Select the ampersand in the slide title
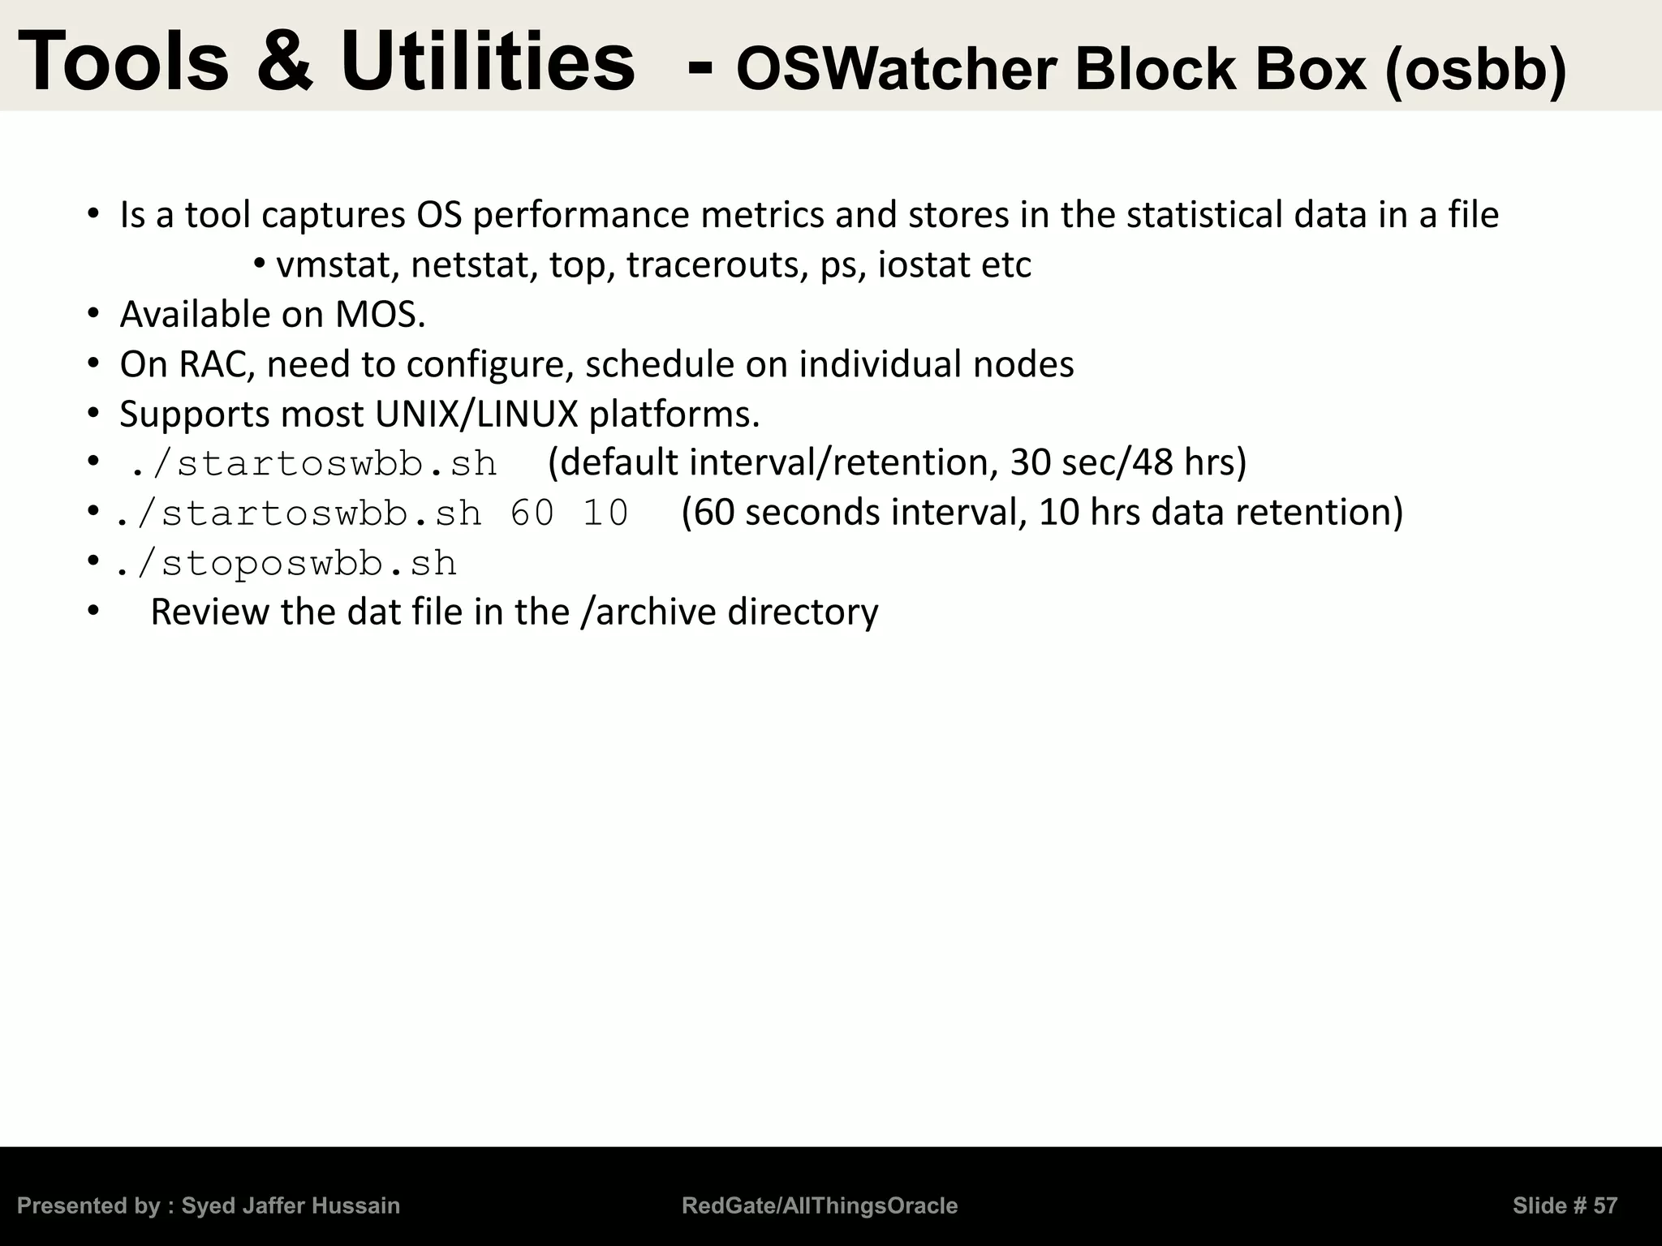pyautogui.click(x=285, y=62)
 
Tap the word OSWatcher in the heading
pyautogui.click(x=895, y=71)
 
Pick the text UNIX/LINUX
pyautogui.click(x=476, y=415)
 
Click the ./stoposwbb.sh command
pyautogui.click(x=286, y=564)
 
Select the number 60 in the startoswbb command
pyautogui.click(x=532, y=513)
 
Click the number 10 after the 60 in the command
pyautogui.click(x=605, y=513)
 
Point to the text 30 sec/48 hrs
pyautogui.click(x=1128, y=462)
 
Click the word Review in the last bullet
pyautogui.click(x=210, y=612)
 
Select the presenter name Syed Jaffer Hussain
pyautogui.click(x=291, y=1206)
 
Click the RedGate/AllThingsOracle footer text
pyautogui.click(x=820, y=1206)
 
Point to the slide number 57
pyautogui.click(x=1604, y=1206)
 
